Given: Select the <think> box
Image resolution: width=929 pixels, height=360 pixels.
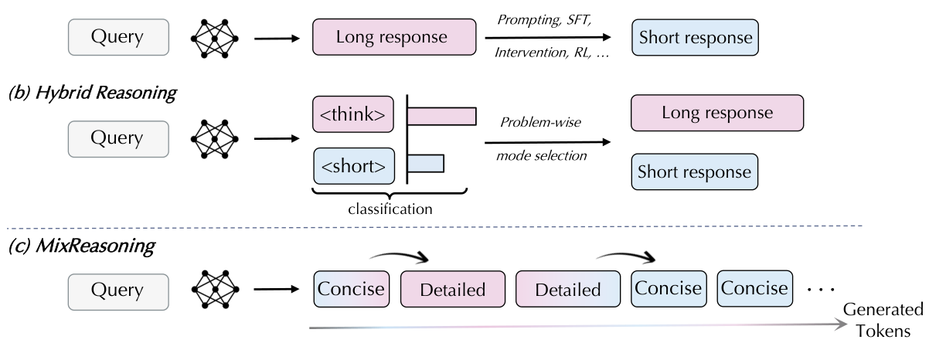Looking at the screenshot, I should click(x=352, y=115).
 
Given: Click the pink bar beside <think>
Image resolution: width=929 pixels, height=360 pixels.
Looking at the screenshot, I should click(x=441, y=116).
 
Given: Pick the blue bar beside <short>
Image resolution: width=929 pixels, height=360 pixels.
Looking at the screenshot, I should click(x=426, y=163).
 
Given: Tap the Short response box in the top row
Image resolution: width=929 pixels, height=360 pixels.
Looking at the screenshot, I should click(x=695, y=37).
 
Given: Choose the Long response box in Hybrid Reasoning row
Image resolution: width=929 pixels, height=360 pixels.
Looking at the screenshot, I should click(x=717, y=114).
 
